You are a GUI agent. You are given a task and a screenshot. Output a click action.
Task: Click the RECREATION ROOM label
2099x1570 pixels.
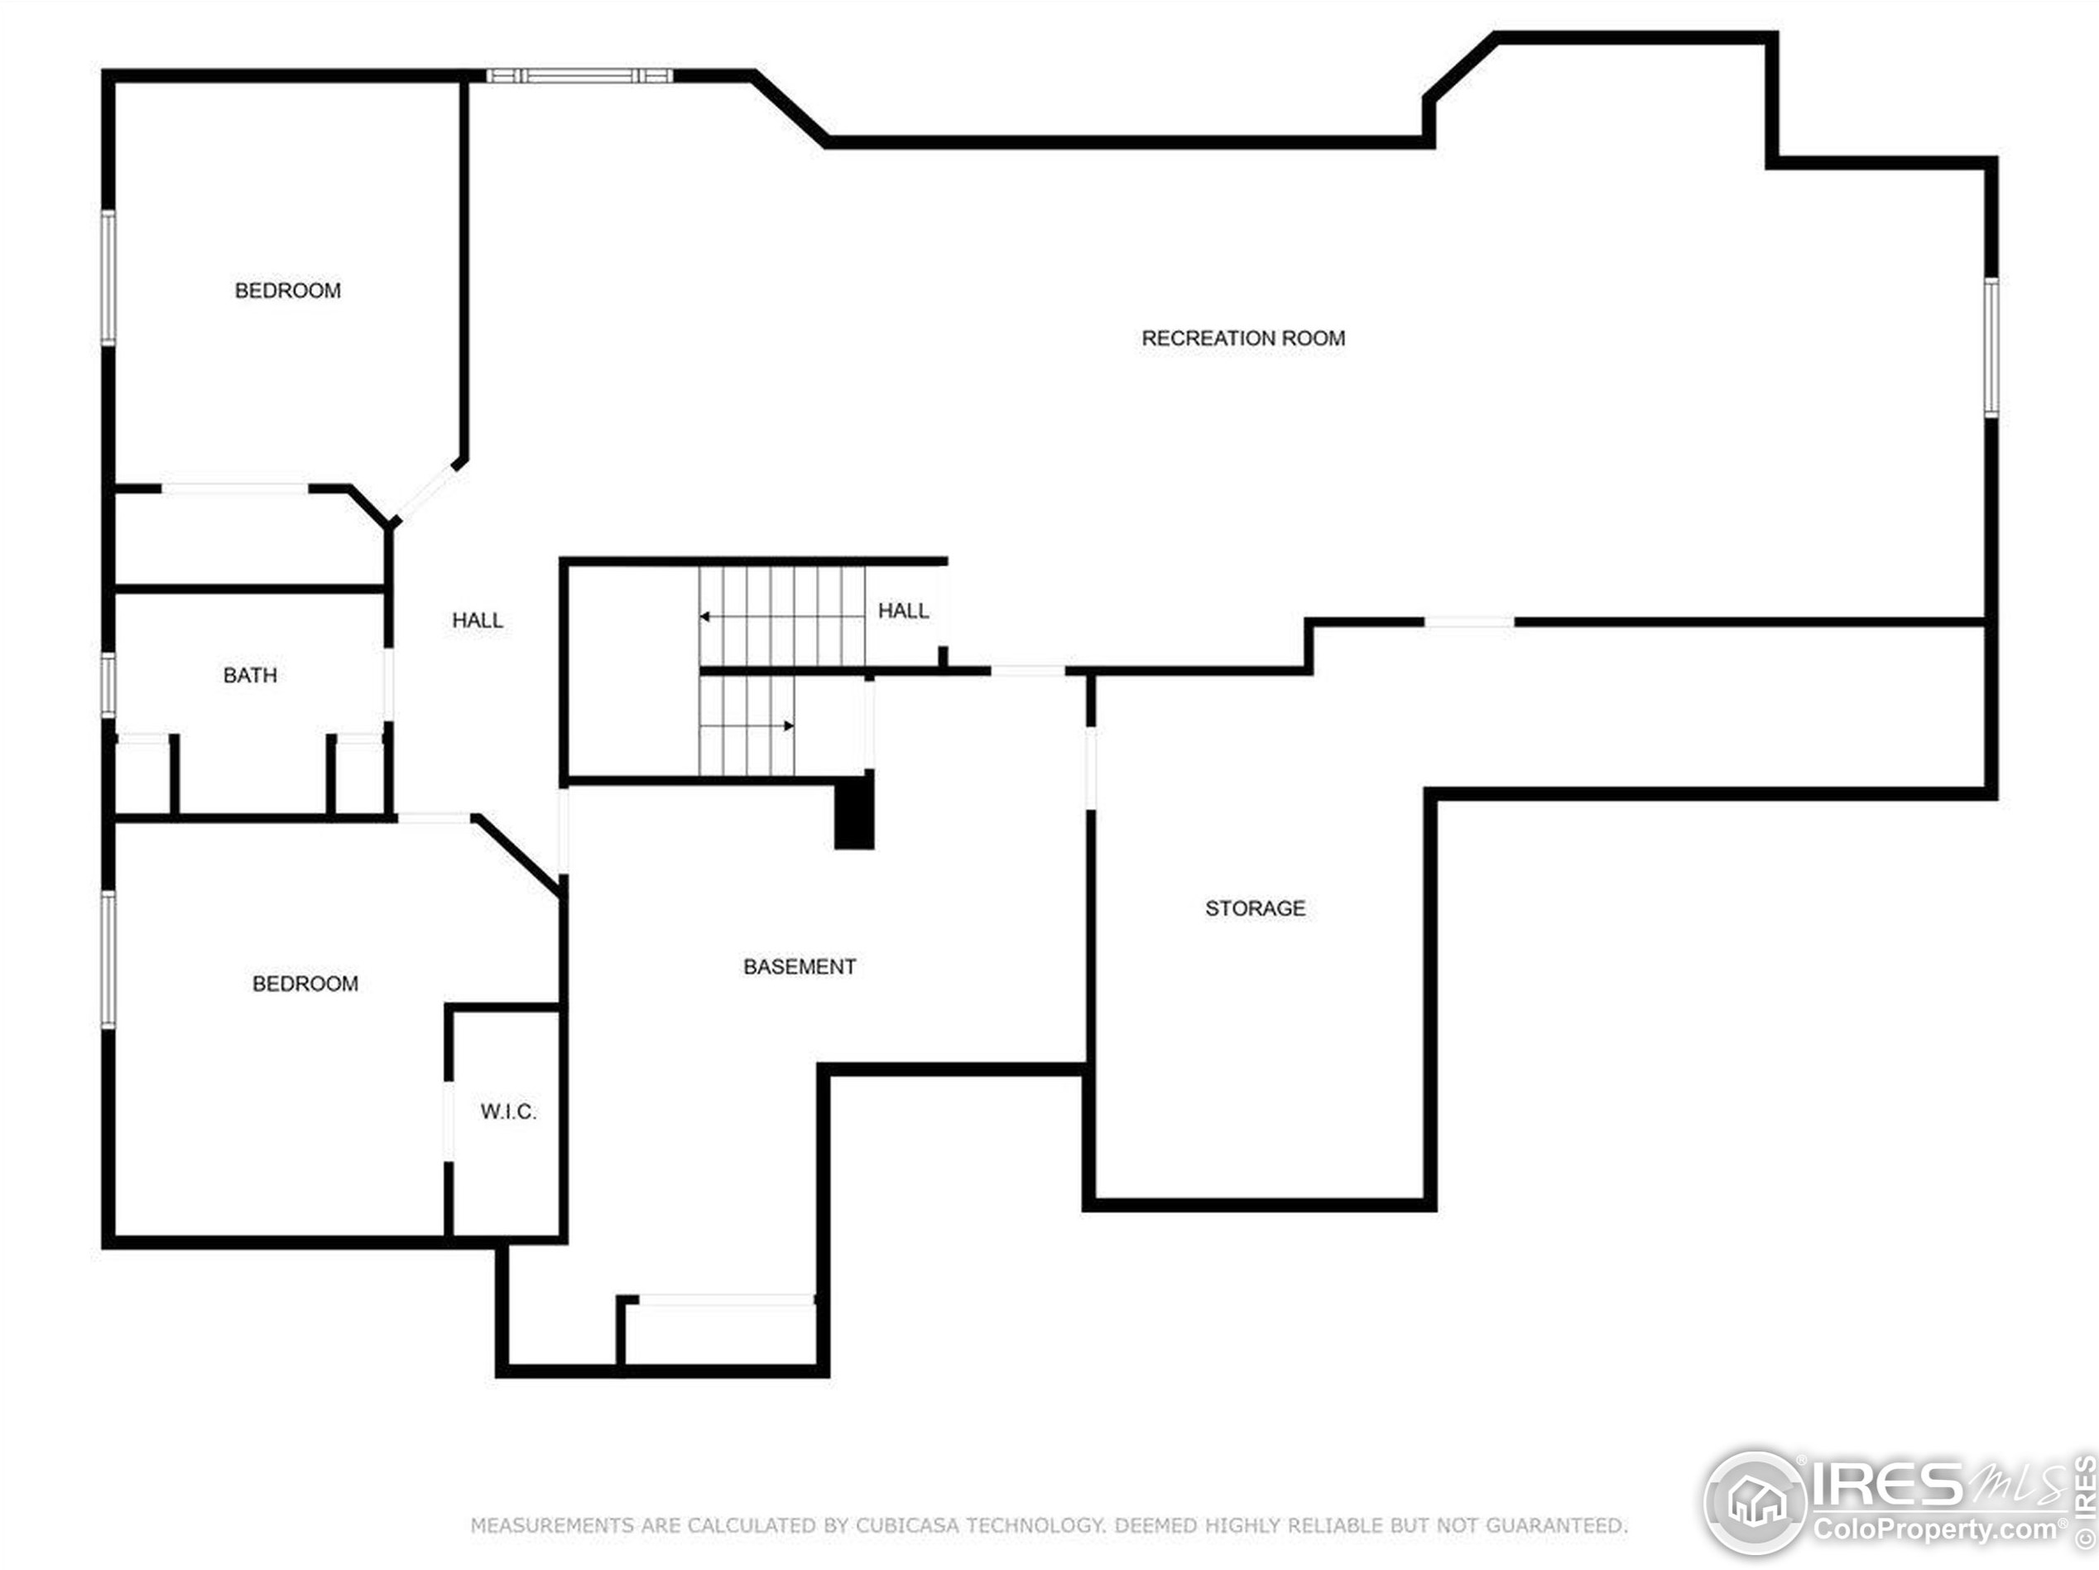click(1243, 338)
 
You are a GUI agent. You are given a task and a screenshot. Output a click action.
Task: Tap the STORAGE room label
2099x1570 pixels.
click(1255, 908)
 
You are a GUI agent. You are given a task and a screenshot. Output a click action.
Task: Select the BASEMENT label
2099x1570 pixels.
click(799, 966)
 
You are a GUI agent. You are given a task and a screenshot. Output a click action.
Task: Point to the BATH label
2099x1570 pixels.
click(251, 675)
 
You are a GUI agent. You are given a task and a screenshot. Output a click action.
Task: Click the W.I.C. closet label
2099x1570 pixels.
click(509, 1111)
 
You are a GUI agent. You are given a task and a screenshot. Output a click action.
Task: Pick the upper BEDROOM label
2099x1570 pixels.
click(287, 291)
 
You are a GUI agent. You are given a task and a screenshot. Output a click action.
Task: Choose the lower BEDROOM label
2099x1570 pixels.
click(305, 984)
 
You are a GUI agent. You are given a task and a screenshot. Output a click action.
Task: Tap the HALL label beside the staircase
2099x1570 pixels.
click(903, 610)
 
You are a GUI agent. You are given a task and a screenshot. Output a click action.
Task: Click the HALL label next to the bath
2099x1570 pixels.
click(478, 620)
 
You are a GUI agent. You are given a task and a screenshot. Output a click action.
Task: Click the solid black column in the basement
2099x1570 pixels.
click(854, 810)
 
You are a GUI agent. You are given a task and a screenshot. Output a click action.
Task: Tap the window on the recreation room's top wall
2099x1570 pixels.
click(579, 76)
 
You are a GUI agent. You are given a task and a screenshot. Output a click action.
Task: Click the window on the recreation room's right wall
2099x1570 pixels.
click(1991, 348)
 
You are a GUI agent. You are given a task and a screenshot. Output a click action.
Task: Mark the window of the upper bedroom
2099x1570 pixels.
click(109, 278)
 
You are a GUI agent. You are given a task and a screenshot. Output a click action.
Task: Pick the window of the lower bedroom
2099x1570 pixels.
click(109, 960)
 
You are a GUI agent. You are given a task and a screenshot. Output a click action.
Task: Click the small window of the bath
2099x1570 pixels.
click(109, 686)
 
